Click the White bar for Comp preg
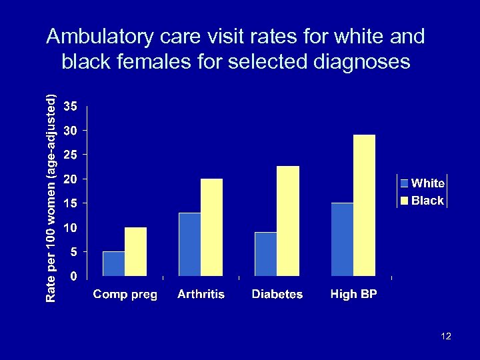114,263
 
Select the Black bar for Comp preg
136,251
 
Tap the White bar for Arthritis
190,244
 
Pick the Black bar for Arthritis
212,227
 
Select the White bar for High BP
342,239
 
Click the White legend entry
423,183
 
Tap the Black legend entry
423,200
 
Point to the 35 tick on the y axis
70,107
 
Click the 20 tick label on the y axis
70,179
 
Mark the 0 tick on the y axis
73,275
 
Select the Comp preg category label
125,294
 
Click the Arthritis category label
201,294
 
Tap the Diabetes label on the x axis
277,294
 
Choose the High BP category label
353,294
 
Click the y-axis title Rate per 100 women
51,197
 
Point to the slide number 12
446,336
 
